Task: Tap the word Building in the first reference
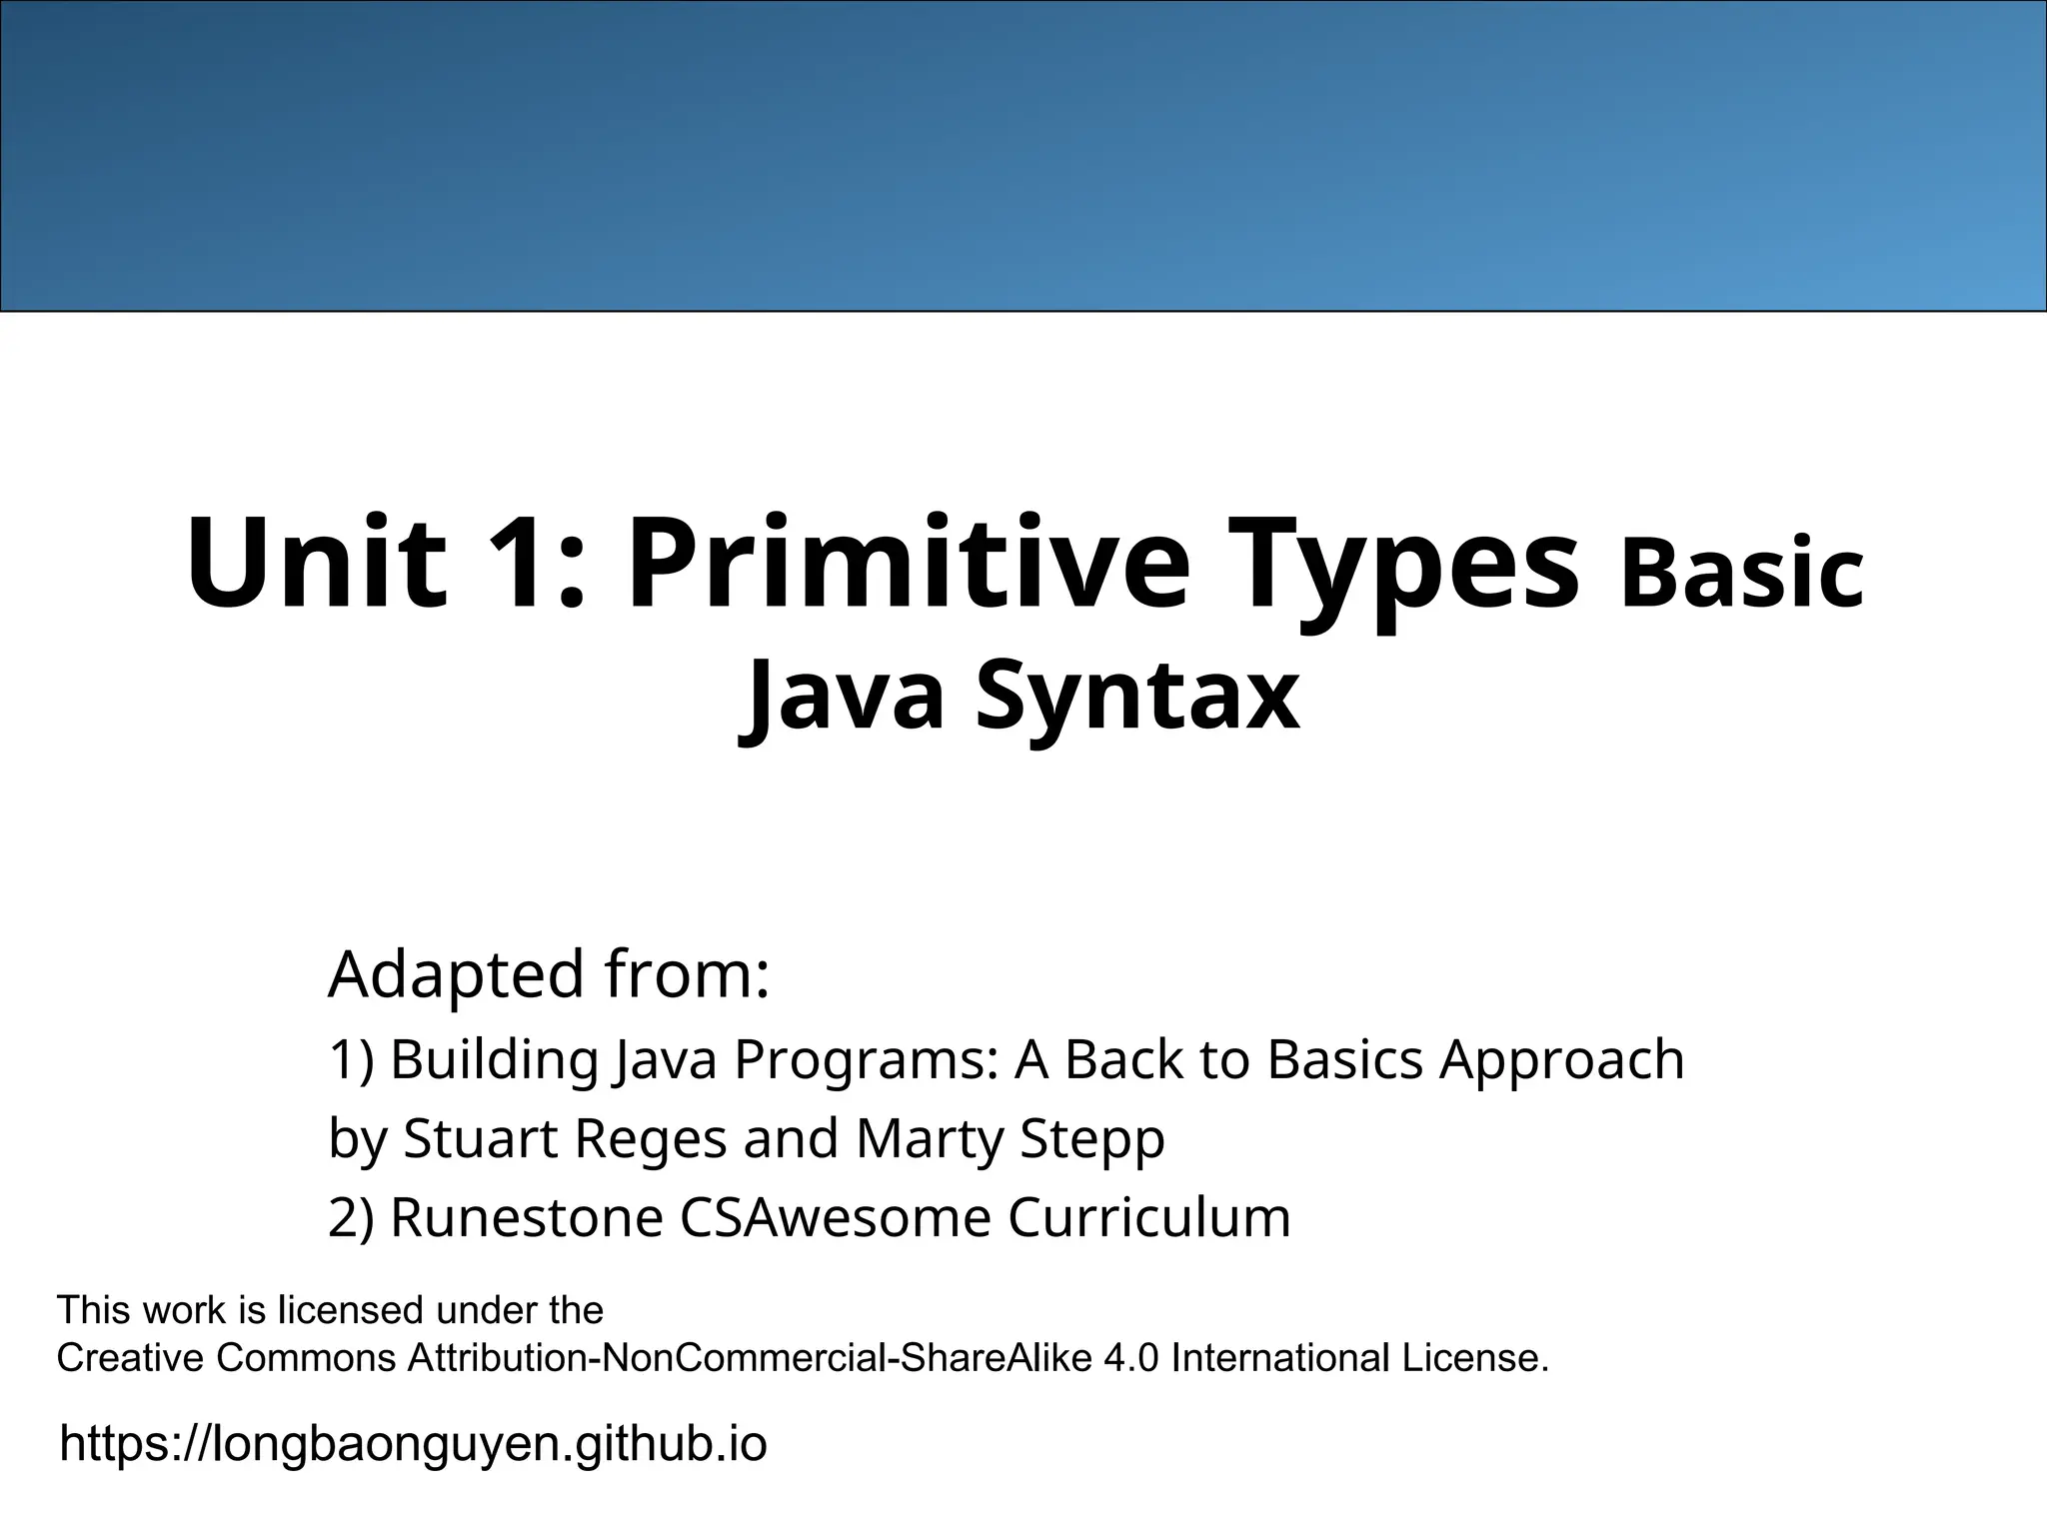pyautogui.click(x=494, y=1059)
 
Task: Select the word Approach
pyautogui.click(x=1561, y=1059)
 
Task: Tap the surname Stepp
pyautogui.click(x=1091, y=1138)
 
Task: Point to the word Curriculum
pyautogui.click(x=1148, y=1217)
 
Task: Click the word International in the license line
pyautogui.click(x=1279, y=1358)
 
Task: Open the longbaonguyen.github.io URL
pyautogui.click(x=413, y=1443)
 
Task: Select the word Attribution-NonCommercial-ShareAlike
pyautogui.click(x=750, y=1358)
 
